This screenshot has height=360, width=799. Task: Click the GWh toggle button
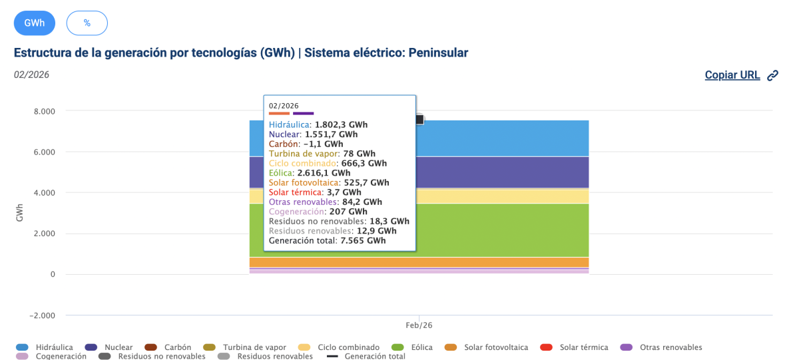point(35,23)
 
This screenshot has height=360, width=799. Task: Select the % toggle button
point(87,23)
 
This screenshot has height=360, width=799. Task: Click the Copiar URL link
point(732,75)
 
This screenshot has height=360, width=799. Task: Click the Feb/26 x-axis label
point(419,325)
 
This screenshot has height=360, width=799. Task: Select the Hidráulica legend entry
point(54,347)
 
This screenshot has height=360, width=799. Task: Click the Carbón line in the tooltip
point(306,143)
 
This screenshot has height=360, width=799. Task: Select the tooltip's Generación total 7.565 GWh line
point(327,241)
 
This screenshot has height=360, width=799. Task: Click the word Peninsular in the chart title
point(438,53)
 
